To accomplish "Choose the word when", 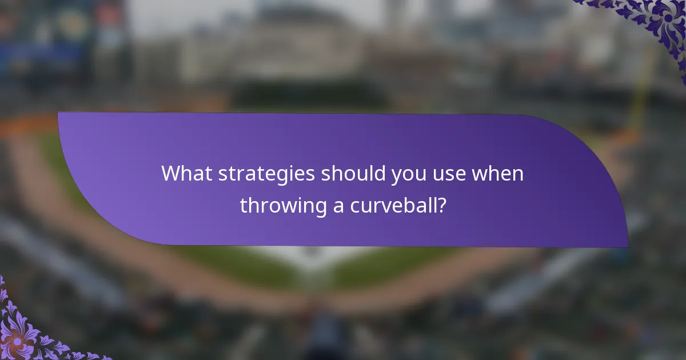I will (497, 174).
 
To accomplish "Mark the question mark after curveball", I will (441, 205).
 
